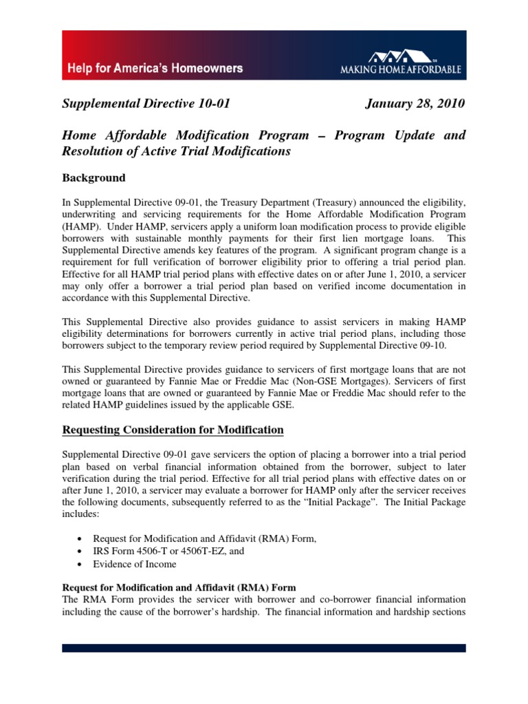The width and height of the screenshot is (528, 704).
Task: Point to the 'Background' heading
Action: coord(93,178)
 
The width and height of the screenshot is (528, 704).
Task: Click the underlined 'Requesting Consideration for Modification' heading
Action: coord(173,430)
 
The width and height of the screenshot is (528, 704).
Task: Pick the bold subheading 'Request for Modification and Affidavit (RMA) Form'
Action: coord(179,588)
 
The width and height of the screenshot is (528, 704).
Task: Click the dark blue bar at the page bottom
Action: coord(264,648)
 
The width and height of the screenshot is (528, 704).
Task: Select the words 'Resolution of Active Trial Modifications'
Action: coord(177,151)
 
